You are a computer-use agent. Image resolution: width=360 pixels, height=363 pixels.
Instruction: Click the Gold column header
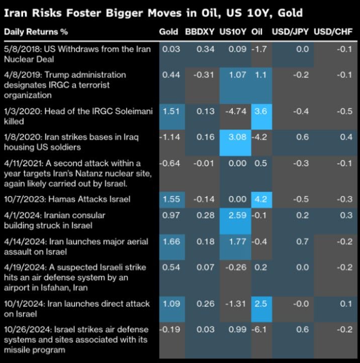(168, 32)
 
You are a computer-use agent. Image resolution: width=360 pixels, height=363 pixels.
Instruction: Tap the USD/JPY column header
(290, 32)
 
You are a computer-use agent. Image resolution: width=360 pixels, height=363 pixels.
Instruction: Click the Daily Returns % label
(36, 32)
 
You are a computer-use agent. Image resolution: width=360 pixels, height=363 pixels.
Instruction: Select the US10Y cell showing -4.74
(234, 112)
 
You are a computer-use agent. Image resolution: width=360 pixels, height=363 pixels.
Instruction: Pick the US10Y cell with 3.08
(234, 137)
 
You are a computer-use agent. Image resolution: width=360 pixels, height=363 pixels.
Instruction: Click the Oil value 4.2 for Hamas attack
(260, 199)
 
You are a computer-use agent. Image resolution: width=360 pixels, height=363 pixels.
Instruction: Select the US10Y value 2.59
(234, 216)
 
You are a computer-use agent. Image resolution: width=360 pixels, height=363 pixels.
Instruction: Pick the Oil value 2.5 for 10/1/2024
(260, 305)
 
